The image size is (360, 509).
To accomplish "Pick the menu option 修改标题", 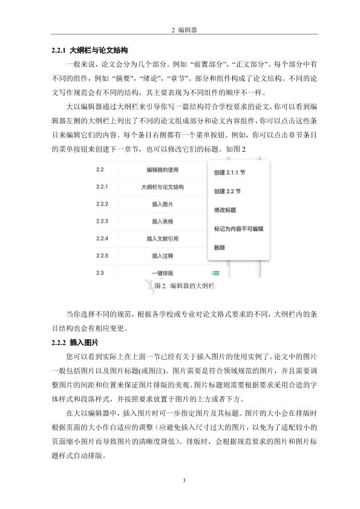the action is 225,210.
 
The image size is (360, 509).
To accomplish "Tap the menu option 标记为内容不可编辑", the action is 239,229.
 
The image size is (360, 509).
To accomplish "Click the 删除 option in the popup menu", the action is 220,248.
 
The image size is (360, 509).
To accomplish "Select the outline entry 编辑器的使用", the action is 163,170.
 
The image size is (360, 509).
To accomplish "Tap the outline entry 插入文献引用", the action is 163,239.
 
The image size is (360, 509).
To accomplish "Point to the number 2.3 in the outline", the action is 100,273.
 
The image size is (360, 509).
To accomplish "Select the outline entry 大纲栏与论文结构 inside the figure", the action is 163,187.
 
